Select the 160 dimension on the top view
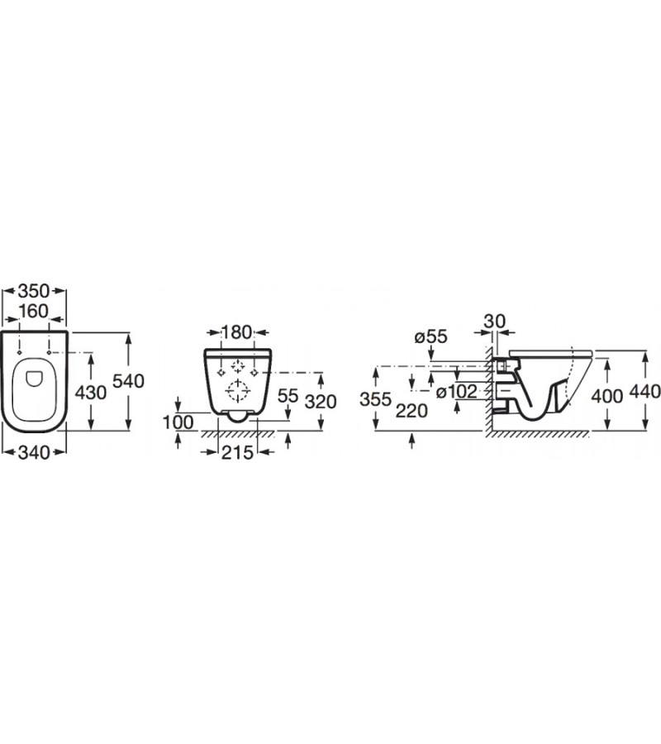point(35,312)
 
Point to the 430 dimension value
point(91,393)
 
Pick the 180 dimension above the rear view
point(236,333)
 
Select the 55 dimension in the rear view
point(288,396)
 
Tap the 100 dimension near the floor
point(179,422)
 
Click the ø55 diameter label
point(430,336)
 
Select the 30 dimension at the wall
point(495,321)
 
